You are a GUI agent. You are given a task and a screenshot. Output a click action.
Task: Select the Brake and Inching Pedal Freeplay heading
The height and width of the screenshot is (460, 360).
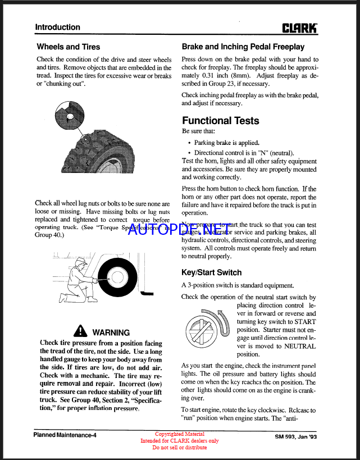[x=243, y=47]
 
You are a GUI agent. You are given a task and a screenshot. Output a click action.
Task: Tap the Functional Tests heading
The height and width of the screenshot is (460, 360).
[x=221, y=121]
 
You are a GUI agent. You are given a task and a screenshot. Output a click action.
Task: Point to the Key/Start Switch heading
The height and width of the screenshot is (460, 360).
[x=212, y=272]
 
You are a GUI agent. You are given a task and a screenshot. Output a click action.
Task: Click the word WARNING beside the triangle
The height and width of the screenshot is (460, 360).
[x=111, y=333]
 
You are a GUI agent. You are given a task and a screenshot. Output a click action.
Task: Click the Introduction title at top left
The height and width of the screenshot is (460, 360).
[x=57, y=27]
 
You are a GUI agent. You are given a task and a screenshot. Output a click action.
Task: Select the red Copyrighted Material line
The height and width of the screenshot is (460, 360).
[x=180, y=434]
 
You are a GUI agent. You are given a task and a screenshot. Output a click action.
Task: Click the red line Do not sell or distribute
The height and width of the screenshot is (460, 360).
[x=180, y=448]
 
